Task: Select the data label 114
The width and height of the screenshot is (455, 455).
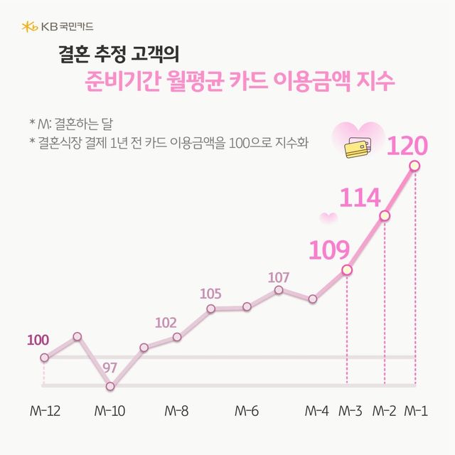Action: coord(359,198)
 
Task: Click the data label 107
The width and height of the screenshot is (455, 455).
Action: coord(279,277)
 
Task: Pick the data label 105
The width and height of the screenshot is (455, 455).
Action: coord(211,294)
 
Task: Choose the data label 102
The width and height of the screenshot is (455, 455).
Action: coord(166,323)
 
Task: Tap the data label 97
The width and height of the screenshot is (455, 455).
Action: coord(110,368)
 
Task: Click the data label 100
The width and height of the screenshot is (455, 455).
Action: coord(38,340)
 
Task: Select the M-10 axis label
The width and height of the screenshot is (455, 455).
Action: coord(110,411)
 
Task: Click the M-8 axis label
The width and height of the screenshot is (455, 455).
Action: coord(176,411)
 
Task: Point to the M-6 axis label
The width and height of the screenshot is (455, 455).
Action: coord(246,411)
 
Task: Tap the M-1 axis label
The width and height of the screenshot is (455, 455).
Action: coord(416,411)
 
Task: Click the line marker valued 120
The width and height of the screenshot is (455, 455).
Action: coord(414,166)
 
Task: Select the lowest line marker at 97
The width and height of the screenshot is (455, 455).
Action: coord(110,387)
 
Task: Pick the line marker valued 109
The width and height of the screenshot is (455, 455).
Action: coord(347,269)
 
